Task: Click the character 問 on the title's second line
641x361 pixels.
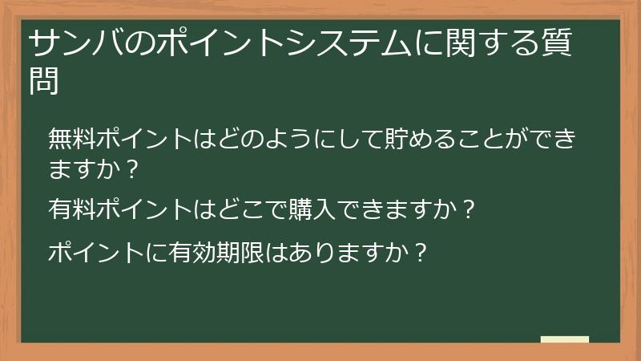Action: pos(44,80)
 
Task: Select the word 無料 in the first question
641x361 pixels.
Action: pos(72,139)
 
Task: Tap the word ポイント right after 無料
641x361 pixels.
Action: pos(144,139)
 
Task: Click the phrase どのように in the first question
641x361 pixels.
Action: pos(261,139)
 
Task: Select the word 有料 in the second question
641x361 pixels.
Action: pos(72,210)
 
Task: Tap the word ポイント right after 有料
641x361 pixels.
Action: pos(144,210)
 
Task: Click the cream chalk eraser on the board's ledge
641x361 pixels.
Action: pos(565,339)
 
